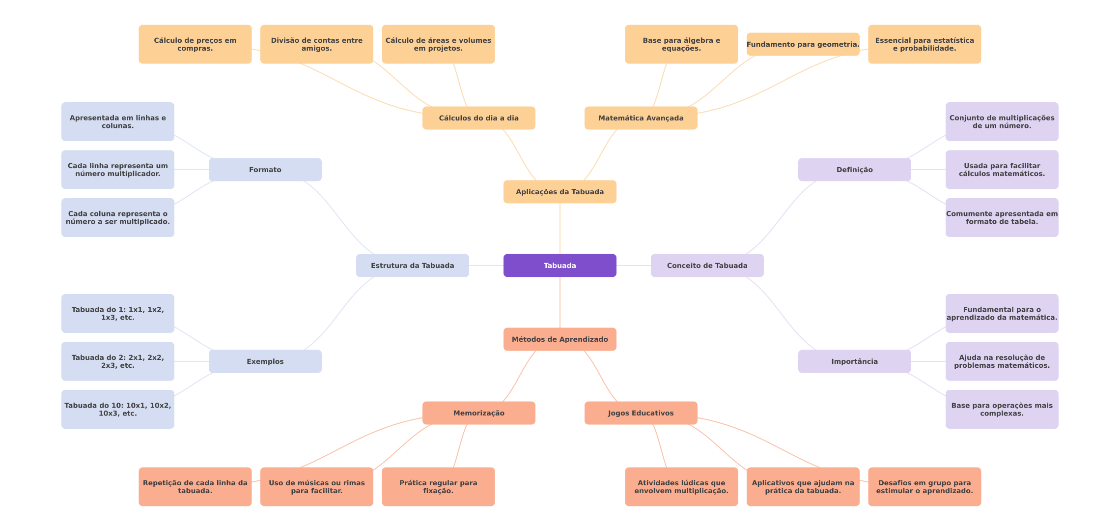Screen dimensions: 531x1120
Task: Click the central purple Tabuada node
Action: (560, 265)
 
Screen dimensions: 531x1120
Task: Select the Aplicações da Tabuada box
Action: (560, 192)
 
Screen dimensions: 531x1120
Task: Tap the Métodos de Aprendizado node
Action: (560, 339)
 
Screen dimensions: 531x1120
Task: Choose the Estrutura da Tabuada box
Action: (412, 265)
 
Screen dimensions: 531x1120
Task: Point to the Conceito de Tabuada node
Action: (707, 265)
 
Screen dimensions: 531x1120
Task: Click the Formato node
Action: (265, 170)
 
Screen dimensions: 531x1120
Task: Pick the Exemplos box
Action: (265, 361)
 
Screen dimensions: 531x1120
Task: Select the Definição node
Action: (854, 170)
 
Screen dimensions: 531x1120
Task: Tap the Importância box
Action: (854, 361)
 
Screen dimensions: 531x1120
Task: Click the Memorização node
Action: (478, 413)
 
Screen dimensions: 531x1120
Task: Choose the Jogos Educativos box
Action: (641, 413)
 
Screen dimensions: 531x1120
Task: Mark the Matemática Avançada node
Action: (641, 118)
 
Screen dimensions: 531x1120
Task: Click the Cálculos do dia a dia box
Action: (478, 118)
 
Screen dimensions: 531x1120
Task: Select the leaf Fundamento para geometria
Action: (803, 44)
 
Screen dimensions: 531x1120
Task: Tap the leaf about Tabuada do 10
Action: (117, 409)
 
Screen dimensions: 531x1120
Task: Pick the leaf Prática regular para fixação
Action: (438, 487)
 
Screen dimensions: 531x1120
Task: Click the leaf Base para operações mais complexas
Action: (1002, 409)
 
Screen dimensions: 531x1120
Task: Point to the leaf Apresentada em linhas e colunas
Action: (117, 121)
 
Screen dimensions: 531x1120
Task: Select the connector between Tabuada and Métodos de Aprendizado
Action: (560, 302)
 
